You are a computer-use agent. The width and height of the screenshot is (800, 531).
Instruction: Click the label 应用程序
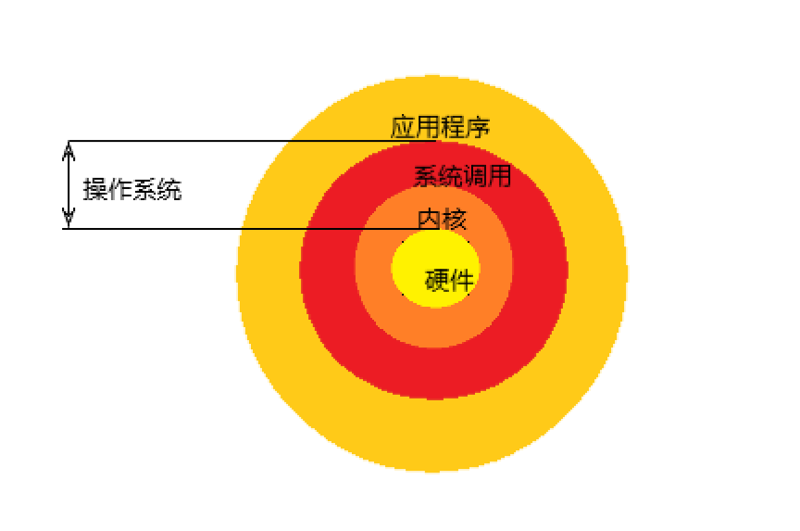click(x=440, y=127)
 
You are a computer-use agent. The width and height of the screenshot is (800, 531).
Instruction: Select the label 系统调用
click(x=462, y=176)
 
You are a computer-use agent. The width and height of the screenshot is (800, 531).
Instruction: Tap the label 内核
click(x=443, y=220)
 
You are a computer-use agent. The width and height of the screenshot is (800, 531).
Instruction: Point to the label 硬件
click(x=449, y=280)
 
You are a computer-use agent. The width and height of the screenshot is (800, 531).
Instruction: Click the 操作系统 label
click(x=132, y=190)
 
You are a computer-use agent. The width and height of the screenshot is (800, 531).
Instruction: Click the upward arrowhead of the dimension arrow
click(x=68, y=148)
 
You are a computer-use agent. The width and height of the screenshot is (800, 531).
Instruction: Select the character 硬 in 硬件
click(x=437, y=280)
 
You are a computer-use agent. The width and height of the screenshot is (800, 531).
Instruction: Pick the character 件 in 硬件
click(x=461, y=280)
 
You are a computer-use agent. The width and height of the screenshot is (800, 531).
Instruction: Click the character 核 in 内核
click(x=455, y=220)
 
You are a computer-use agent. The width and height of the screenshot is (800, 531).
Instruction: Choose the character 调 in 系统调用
click(x=474, y=176)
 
